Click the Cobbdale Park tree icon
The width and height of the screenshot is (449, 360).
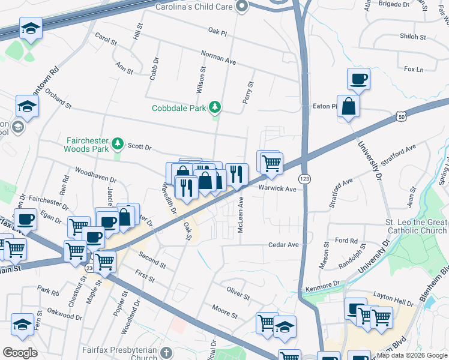(215, 108)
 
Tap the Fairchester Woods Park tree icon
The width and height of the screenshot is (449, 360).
(119, 143)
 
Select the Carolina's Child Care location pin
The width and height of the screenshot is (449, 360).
(242, 7)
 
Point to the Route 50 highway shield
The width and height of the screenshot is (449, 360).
(400, 116)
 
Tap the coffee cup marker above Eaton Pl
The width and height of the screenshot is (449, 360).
(358, 79)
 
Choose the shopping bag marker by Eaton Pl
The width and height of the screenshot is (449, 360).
(348, 107)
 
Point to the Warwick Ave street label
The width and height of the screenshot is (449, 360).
(278, 189)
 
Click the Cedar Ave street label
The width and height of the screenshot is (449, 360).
(283, 245)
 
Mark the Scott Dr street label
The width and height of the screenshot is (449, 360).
(140, 146)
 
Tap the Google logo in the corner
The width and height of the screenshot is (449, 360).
(20, 352)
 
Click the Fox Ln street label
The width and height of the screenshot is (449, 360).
(414, 70)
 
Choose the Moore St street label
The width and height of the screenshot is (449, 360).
(224, 311)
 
